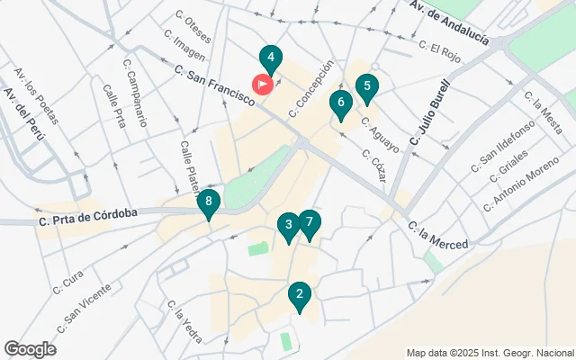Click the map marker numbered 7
click(309, 222)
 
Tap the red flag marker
click(264, 84)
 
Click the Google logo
click(30, 349)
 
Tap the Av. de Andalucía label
click(448, 23)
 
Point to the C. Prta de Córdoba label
click(88, 215)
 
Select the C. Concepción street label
click(311, 89)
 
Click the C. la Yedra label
click(184, 321)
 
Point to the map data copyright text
click(490, 353)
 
